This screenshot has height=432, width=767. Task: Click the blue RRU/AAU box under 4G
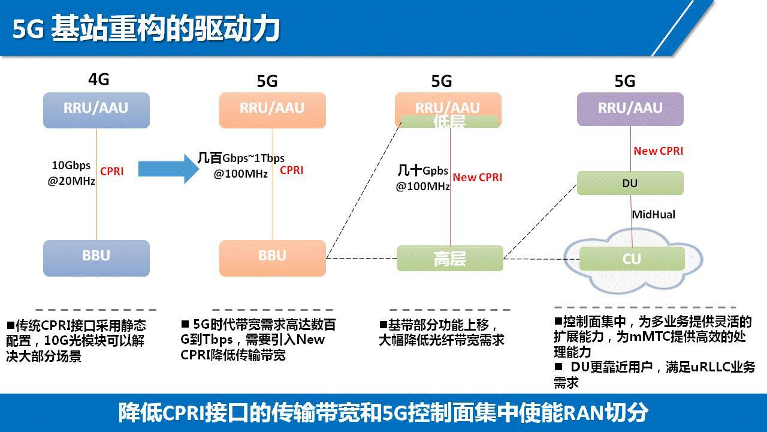(96, 110)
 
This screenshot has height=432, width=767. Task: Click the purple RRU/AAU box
(630, 109)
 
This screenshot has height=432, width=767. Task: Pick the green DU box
(630, 183)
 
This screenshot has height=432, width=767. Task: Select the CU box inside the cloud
(632, 259)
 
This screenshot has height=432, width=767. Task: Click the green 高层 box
(449, 259)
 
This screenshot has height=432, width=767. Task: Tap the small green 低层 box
(449, 122)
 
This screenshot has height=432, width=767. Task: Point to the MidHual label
(653, 214)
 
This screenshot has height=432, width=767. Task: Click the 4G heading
(99, 79)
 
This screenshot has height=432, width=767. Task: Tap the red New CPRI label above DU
(658, 151)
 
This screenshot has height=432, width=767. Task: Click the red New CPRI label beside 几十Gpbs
(477, 177)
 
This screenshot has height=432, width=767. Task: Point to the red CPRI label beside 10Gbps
(112, 172)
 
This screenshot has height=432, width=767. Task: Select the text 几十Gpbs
(423, 171)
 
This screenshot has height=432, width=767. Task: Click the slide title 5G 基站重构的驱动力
(147, 29)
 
